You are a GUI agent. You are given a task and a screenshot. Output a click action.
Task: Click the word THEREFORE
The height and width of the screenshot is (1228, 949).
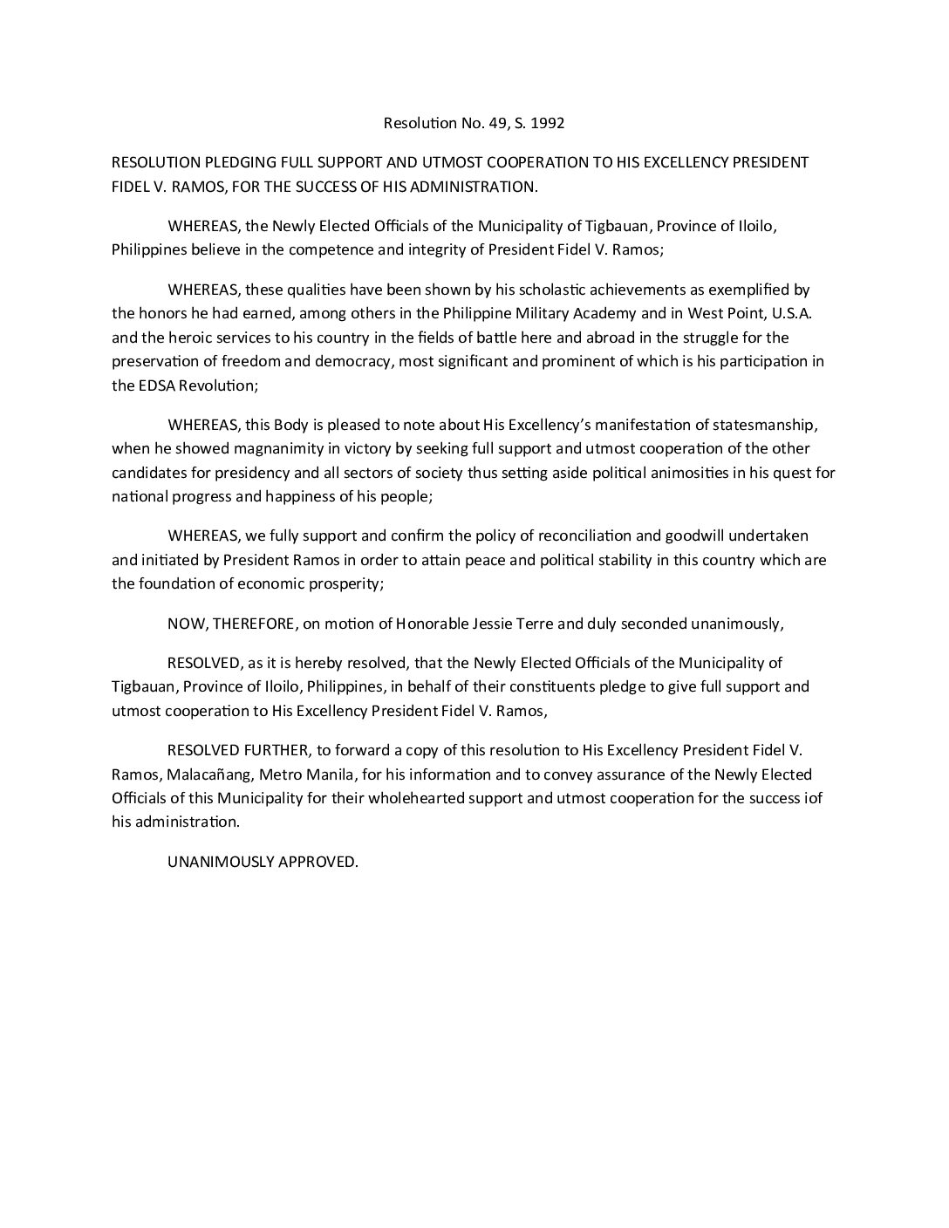click(249, 624)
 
